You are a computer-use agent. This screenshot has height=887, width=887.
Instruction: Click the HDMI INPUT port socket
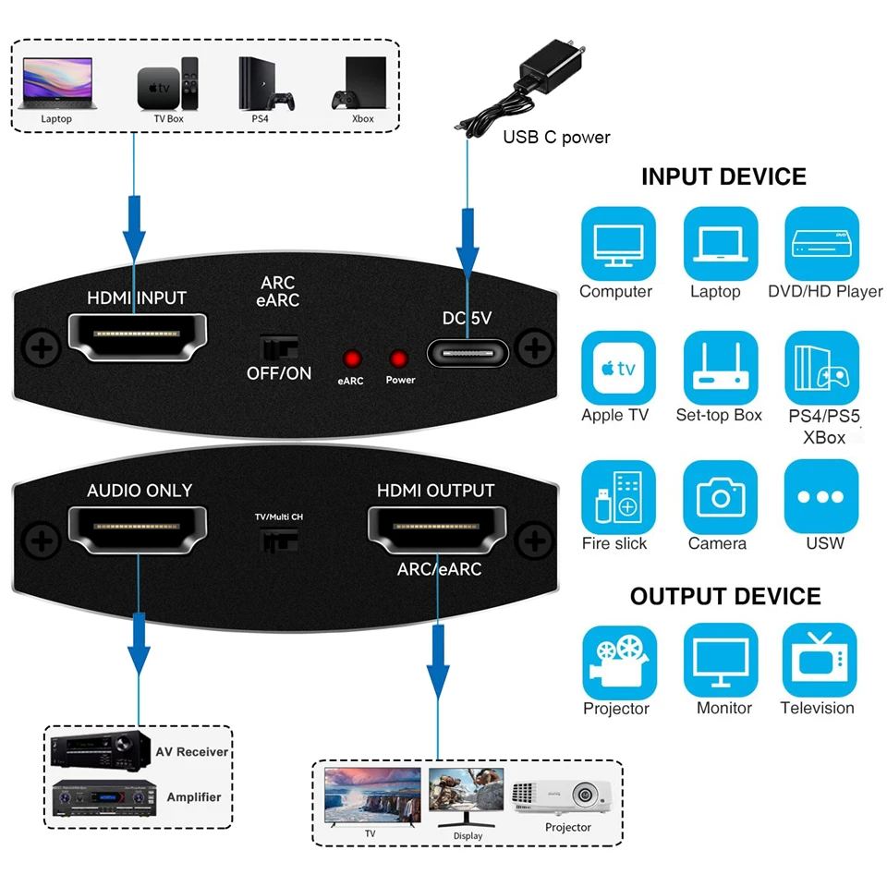[137, 338]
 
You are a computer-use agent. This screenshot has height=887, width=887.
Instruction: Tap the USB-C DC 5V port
[468, 353]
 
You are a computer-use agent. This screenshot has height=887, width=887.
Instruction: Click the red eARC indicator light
[352, 359]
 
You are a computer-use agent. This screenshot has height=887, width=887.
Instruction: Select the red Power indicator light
[399, 359]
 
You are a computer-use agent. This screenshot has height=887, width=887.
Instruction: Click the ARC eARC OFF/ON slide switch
[278, 347]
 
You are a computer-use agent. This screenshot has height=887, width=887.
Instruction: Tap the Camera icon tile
[720, 496]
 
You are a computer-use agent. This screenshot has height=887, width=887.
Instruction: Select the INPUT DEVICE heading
[723, 176]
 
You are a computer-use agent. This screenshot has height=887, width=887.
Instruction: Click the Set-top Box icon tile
[720, 368]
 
